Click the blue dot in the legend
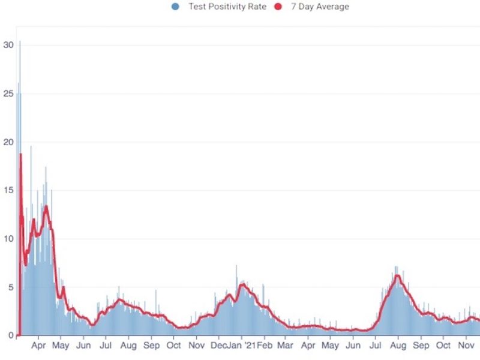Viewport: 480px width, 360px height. (x=175, y=7)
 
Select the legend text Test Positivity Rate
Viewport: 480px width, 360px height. (x=227, y=7)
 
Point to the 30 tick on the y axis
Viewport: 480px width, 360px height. (x=8, y=44)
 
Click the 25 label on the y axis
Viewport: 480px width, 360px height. (x=8, y=94)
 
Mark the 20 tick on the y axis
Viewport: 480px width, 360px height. (x=8, y=142)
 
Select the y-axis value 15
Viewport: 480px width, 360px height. (x=8, y=190)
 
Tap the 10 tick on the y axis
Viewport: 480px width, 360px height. (x=8, y=239)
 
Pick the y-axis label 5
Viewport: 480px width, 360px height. (x=10, y=287)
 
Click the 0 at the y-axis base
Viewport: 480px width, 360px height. (x=10, y=335)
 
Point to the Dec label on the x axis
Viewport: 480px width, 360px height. (x=220, y=346)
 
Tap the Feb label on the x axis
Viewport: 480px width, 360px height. (x=265, y=346)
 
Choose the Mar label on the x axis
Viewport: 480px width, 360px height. (x=286, y=346)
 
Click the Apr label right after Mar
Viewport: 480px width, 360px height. (x=308, y=346)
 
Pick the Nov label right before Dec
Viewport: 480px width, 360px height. (x=196, y=346)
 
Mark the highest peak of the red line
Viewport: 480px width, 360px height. (x=20, y=154)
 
